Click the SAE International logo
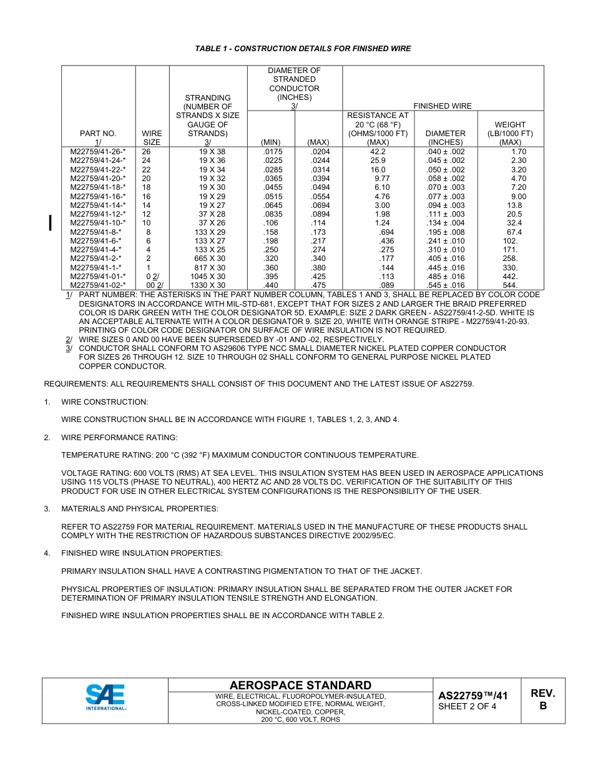click(106, 697)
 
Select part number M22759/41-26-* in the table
click(98, 152)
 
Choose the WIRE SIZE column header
click(152, 137)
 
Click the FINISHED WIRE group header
click(443, 106)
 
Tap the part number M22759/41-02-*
click(98, 285)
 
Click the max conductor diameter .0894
click(318, 214)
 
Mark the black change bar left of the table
click(51, 223)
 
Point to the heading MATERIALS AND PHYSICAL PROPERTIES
click(140, 509)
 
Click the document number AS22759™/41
click(473, 696)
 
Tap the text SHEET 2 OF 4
click(468, 707)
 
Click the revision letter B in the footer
click(542, 706)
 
